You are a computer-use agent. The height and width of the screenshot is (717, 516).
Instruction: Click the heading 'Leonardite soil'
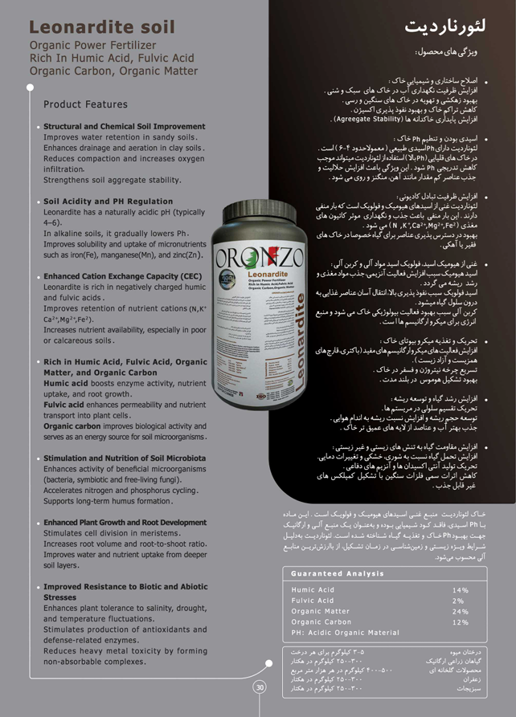(101, 26)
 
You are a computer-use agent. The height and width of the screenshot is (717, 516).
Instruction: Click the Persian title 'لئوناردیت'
(446, 28)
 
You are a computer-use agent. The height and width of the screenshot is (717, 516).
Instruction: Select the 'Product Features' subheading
(85, 104)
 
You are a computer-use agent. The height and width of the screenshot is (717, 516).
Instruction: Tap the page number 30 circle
(260, 687)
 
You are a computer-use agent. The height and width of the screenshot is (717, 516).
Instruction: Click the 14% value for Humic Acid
(460, 590)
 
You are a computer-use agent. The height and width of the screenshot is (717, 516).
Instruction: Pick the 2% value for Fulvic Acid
(458, 601)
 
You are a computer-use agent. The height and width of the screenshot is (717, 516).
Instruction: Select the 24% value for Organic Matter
(460, 611)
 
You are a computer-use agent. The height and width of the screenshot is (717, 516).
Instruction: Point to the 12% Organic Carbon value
(460, 621)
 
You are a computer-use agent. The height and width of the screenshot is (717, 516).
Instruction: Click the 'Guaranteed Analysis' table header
(338, 573)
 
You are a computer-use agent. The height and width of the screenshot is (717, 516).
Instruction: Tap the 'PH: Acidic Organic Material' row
(345, 632)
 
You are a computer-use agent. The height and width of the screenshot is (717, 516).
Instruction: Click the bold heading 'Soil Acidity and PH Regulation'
(108, 202)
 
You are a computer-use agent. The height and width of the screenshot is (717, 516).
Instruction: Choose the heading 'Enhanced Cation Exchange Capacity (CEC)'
(122, 276)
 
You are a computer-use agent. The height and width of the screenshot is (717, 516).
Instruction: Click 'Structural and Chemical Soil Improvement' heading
(124, 127)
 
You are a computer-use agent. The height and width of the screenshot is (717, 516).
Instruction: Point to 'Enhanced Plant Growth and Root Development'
(125, 523)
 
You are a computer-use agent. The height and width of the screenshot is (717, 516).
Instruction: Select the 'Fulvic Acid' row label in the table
(313, 601)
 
